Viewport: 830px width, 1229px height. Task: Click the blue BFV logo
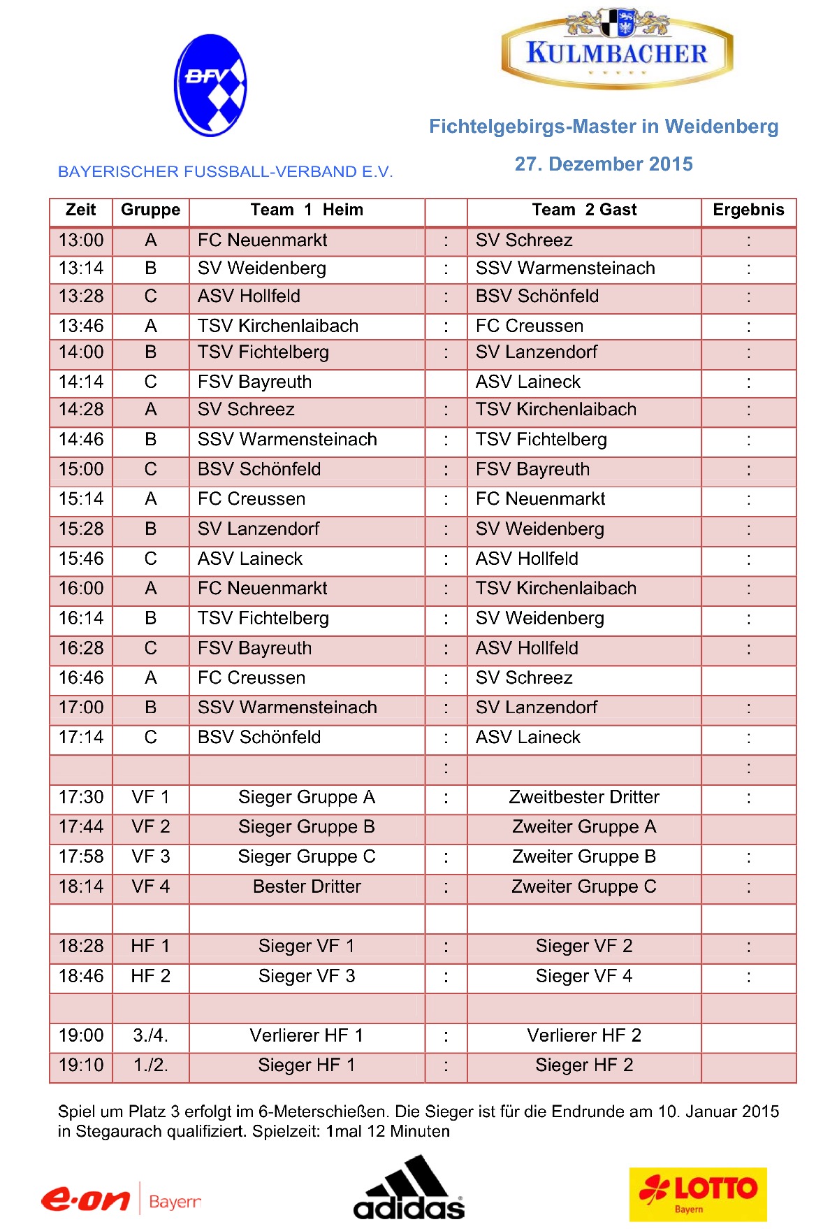[x=210, y=85]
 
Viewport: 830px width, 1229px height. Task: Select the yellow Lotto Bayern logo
[x=697, y=1194]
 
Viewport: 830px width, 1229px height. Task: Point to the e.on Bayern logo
[x=121, y=1200]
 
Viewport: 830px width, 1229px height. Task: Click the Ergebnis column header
[x=748, y=210]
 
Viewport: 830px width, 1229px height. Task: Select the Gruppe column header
[x=150, y=210]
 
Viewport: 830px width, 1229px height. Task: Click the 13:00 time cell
[x=81, y=240]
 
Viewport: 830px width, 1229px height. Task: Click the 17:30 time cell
[x=81, y=797]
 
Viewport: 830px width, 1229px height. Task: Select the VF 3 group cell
[x=150, y=856]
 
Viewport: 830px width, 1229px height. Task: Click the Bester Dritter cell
[x=307, y=886]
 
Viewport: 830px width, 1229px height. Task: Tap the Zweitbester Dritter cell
[x=584, y=797]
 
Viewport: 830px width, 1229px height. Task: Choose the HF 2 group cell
[x=150, y=976]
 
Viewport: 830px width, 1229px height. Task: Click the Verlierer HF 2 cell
[x=584, y=1035]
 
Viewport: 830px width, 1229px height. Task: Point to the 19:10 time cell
[x=81, y=1065]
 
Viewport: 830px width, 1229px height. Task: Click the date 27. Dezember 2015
[x=604, y=164]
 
